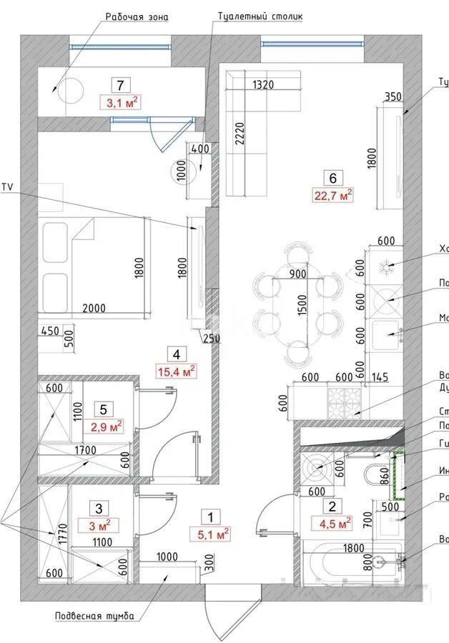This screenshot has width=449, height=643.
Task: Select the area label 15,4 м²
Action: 175,370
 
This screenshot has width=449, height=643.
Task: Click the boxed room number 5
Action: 104,409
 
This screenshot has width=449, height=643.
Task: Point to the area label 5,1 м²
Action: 210,533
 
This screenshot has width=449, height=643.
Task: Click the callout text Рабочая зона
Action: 137,16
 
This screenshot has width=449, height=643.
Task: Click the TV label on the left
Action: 9,187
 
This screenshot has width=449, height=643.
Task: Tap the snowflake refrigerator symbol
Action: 385,270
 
